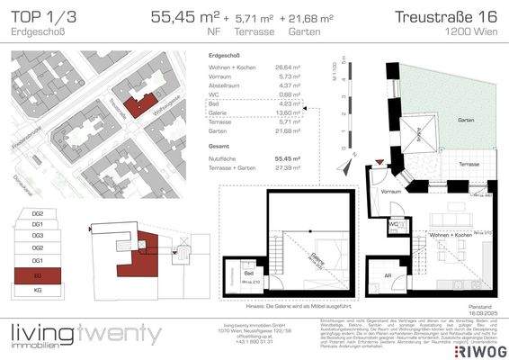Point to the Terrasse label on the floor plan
(x=466, y=165)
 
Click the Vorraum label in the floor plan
(x=391, y=193)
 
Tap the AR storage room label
(x=387, y=277)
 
